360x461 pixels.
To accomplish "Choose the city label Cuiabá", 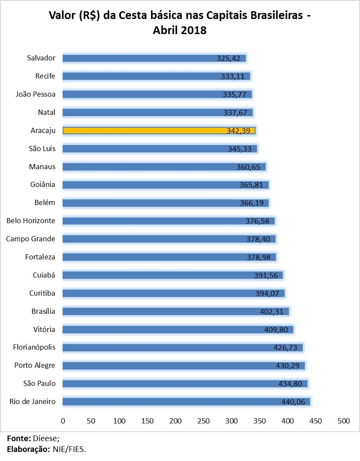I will tap(44, 275).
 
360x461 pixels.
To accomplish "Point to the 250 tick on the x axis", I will tap(203, 421).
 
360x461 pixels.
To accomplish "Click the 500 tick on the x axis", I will tap(344, 421).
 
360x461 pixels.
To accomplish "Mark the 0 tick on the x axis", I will tap(63, 421).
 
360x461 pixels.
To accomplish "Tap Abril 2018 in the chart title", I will tap(180, 31).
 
